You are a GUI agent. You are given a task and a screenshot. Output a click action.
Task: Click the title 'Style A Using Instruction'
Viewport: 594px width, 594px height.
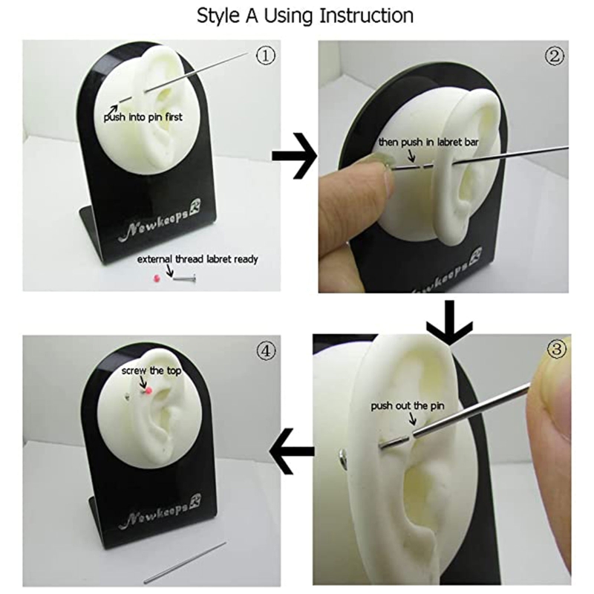(305, 16)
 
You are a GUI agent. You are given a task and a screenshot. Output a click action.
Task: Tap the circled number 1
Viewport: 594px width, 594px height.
(266, 56)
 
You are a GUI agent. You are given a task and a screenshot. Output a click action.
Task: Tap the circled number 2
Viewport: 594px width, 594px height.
(554, 56)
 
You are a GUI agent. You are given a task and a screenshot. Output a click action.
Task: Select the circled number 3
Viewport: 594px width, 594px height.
(556, 348)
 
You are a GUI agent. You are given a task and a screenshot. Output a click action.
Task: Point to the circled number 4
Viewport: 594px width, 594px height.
(266, 350)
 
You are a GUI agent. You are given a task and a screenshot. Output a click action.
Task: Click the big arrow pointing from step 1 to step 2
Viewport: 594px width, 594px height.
(295, 156)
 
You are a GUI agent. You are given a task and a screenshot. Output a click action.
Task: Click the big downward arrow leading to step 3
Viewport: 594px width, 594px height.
(449, 323)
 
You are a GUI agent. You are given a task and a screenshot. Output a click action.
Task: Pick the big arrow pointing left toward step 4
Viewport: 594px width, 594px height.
(292, 451)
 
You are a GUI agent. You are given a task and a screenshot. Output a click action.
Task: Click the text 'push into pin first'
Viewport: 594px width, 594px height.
(143, 117)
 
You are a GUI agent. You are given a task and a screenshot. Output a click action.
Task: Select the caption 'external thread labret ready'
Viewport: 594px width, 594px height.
(198, 259)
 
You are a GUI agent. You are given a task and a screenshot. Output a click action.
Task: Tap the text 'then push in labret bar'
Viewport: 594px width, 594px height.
(428, 142)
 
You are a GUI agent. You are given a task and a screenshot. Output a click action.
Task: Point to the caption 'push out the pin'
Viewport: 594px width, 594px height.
(407, 406)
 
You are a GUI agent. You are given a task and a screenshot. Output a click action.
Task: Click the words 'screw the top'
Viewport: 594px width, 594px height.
(151, 371)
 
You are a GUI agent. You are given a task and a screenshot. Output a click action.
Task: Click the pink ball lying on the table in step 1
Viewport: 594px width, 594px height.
(155, 278)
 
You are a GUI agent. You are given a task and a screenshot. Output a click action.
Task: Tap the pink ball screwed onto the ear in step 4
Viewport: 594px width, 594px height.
(149, 389)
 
